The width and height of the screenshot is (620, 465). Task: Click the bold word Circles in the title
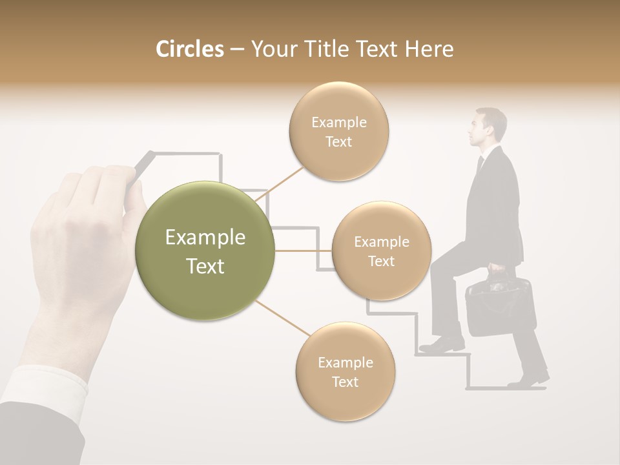point(189,49)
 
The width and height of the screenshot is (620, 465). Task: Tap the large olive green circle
point(205,251)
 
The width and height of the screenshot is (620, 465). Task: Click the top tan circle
point(338,131)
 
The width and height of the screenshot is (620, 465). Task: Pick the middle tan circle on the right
point(381,251)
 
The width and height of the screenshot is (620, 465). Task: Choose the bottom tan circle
point(345,371)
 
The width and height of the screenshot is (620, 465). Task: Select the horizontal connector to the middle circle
point(303,251)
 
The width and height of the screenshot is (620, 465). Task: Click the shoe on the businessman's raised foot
point(442,345)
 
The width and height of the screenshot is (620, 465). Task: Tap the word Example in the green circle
point(205,238)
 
